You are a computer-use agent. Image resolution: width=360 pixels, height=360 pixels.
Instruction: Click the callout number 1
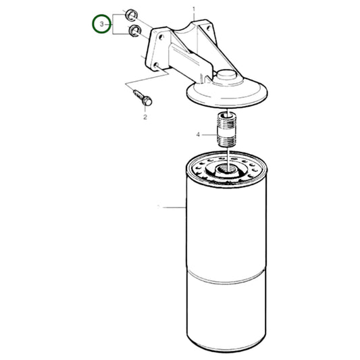coord(194,9)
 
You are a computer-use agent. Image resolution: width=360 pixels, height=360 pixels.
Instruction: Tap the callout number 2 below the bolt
coord(145,117)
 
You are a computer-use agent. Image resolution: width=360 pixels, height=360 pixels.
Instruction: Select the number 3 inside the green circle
coord(102,25)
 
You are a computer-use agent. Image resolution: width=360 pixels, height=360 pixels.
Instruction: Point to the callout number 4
coord(198,134)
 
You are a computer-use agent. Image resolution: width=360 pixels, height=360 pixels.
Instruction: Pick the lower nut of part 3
coord(135,32)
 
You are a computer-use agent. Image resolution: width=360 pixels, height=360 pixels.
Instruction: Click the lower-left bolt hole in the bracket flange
coord(157,66)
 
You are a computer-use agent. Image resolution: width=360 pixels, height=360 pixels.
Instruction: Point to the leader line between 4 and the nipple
coord(209,134)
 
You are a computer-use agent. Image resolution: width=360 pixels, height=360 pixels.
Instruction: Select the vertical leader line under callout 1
coord(195,34)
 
